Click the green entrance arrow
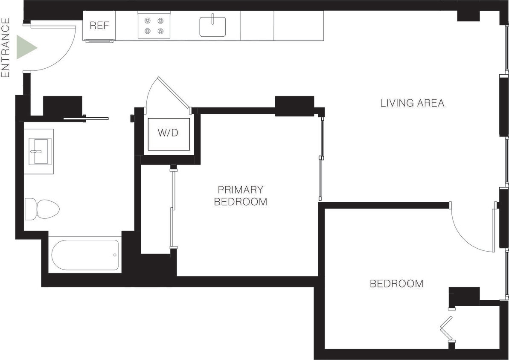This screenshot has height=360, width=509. (x=26, y=47)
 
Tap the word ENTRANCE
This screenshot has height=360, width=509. (x=6, y=47)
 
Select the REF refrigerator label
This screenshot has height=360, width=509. (x=99, y=26)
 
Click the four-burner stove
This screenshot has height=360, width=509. (x=154, y=26)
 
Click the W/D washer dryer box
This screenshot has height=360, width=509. (x=168, y=134)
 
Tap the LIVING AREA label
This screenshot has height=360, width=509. (x=412, y=103)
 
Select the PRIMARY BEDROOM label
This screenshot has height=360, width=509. (x=240, y=196)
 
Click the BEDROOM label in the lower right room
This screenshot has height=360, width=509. (x=396, y=284)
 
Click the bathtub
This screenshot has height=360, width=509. (x=85, y=255)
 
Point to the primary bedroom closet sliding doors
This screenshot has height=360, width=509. (x=172, y=209)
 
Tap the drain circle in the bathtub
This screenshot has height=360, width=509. (x=115, y=255)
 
